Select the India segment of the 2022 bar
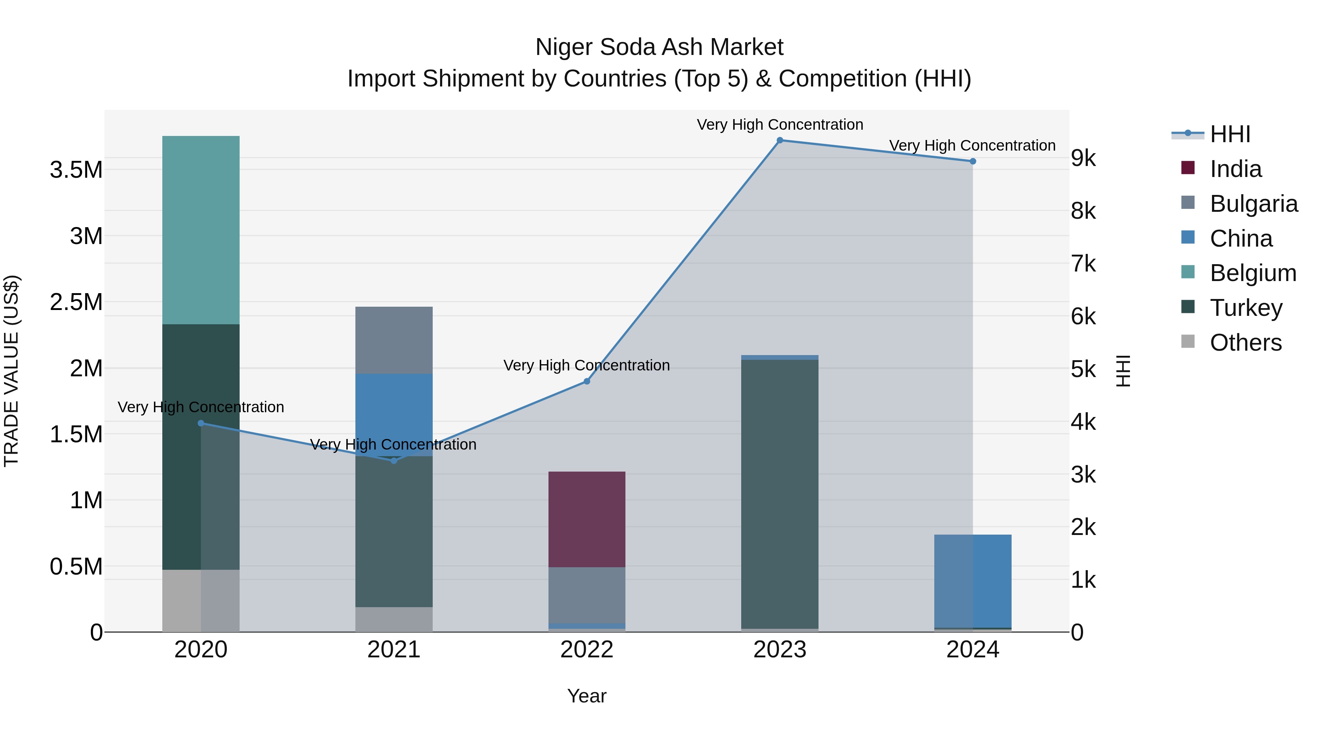(x=587, y=519)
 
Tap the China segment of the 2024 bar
(x=972, y=581)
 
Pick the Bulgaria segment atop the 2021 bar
(x=394, y=340)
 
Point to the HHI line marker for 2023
(x=780, y=140)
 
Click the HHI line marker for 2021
(x=394, y=461)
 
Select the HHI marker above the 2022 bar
(x=587, y=381)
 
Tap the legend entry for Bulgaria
(x=1253, y=204)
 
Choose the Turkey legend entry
(x=1246, y=308)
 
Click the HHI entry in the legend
(x=1230, y=134)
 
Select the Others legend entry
(x=1245, y=343)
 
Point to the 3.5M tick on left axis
(x=76, y=170)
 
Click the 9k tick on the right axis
(x=1083, y=158)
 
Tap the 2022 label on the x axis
(x=587, y=650)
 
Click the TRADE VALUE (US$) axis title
(x=12, y=371)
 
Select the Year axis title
(x=587, y=696)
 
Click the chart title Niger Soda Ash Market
(x=659, y=47)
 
